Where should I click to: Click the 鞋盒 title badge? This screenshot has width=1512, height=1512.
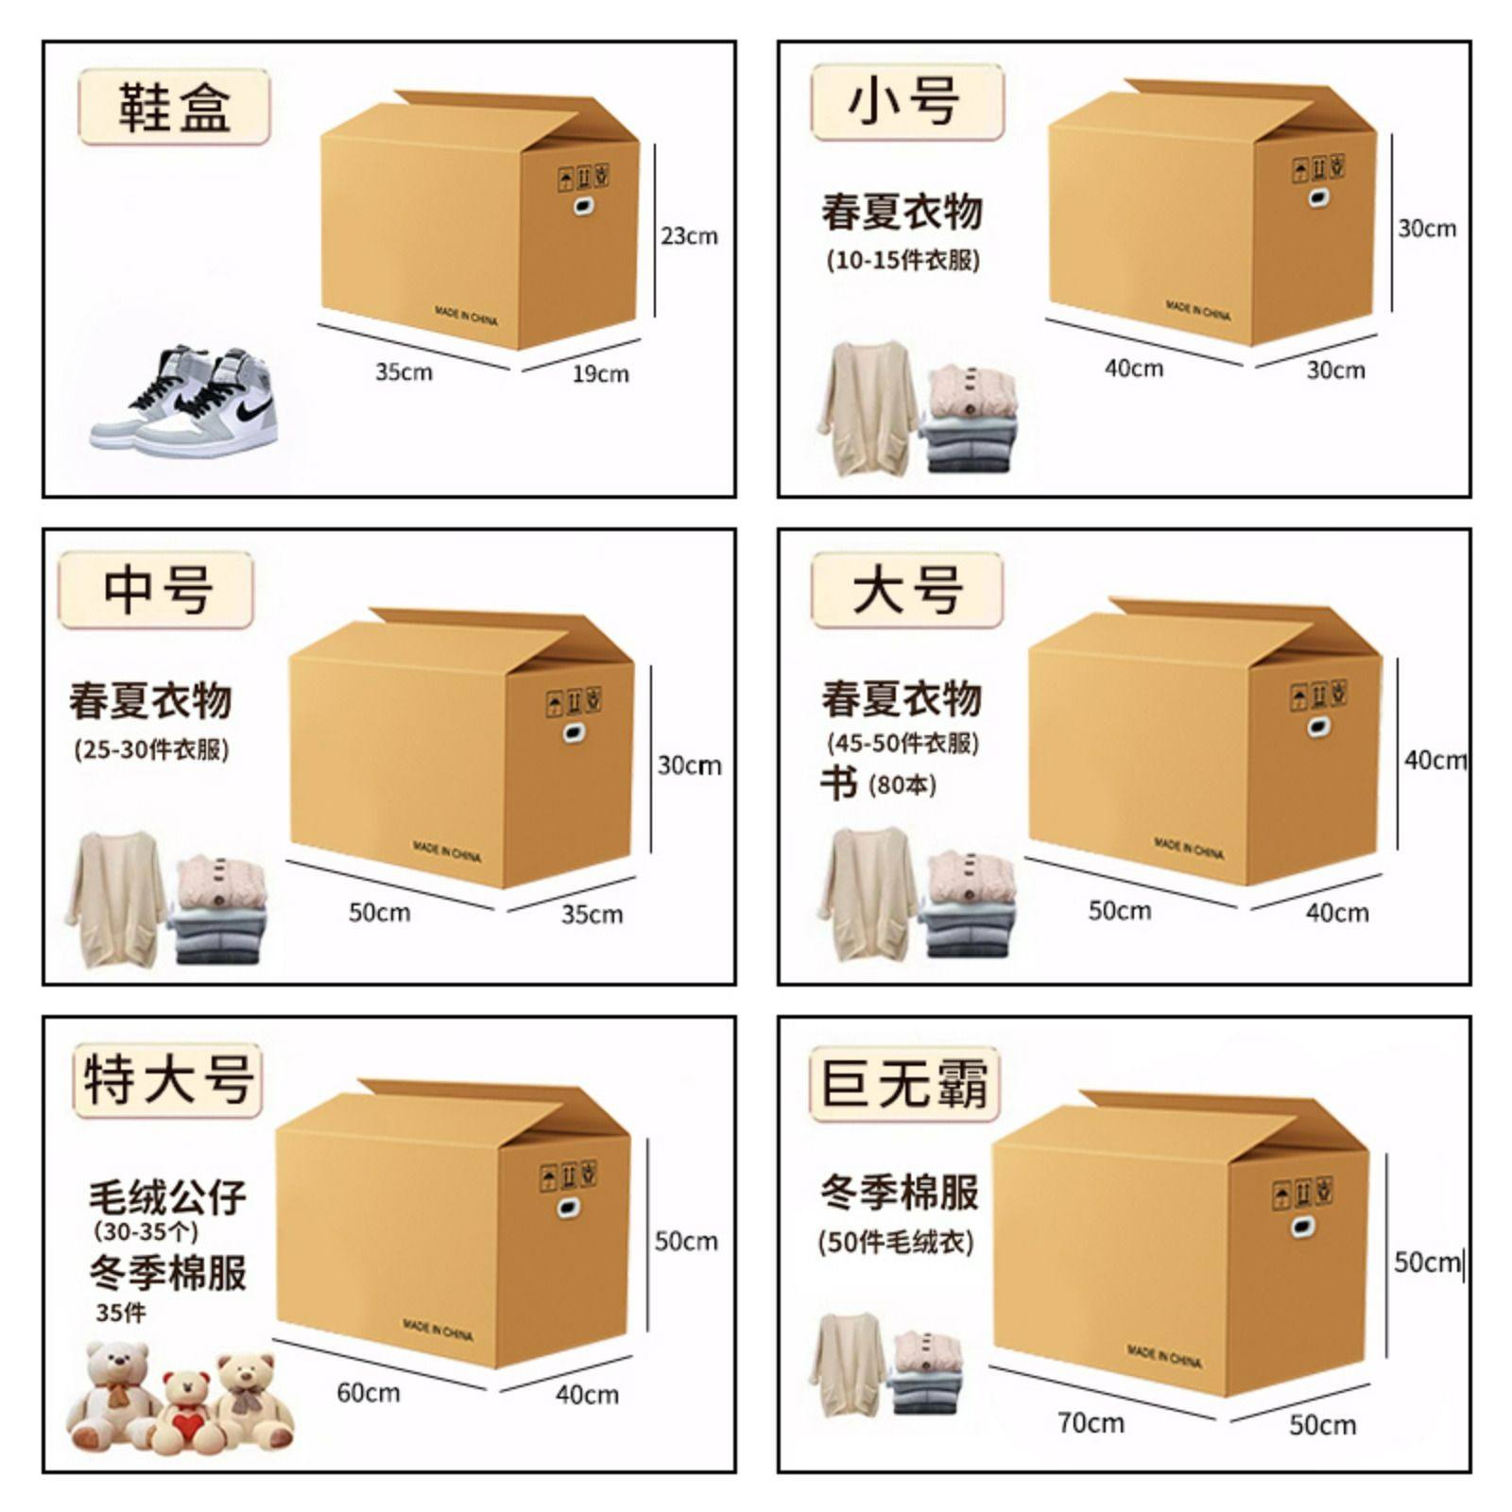tap(174, 107)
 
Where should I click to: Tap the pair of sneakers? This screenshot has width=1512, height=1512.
tap(185, 403)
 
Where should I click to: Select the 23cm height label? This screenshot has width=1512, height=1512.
tap(689, 236)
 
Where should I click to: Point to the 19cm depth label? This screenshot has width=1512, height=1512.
tap(600, 374)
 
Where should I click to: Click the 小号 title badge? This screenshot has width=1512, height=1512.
tap(905, 102)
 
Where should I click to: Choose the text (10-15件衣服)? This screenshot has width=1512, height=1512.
tap(902, 260)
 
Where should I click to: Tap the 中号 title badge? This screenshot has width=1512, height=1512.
tap(157, 592)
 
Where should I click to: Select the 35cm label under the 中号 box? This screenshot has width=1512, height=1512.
tap(592, 915)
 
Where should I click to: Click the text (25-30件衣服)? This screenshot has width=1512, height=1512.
tap(151, 750)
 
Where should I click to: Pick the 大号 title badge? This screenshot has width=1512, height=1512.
tap(906, 591)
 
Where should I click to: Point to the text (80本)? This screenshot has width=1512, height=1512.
tap(902, 784)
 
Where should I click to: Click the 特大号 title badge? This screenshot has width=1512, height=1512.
tap(168, 1079)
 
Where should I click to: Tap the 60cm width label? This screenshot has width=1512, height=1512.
tap(368, 1393)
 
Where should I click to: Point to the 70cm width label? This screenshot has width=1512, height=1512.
tap(1091, 1422)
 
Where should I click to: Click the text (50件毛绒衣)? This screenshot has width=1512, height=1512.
tap(895, 1242)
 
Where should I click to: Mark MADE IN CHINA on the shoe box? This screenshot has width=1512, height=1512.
tap(466, 316)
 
